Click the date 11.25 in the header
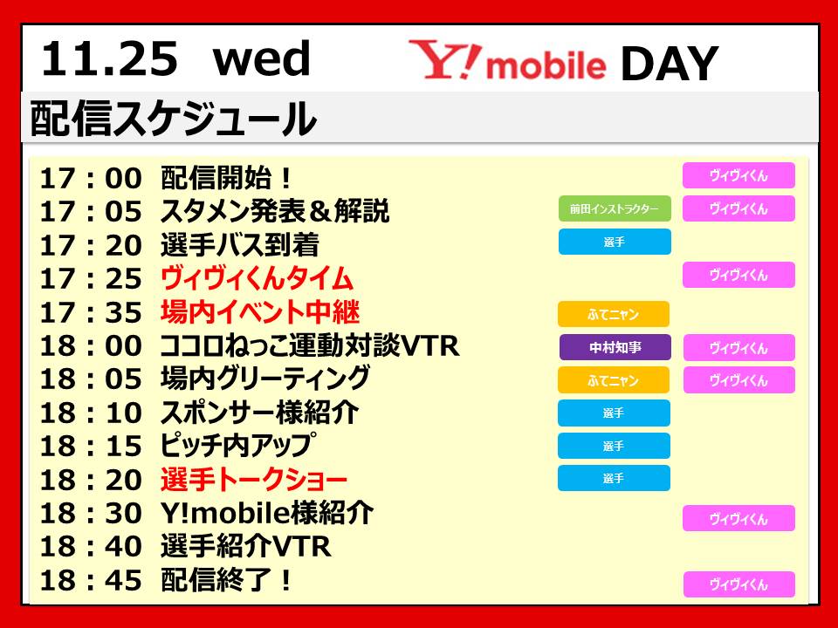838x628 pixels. pos(110,58)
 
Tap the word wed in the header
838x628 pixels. pos(261,58)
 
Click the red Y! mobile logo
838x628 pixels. pos(507,60)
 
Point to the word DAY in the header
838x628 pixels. pos(670,63)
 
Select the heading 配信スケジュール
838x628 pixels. pos(174,118)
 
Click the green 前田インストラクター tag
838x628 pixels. pos(614,208)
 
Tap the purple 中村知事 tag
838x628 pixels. pos(615,348)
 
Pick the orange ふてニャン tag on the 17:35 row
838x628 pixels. pos(614,314)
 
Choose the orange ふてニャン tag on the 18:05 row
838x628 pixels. pos(614,380)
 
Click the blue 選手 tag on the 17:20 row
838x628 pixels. pos(615,242)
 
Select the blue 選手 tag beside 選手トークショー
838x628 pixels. pos(614,478)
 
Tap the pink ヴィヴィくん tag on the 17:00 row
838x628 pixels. pos(738,175)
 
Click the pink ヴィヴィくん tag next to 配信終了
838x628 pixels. pos(739,584)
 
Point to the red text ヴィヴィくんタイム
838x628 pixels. pos(257,278)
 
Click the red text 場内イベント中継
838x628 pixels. pos(260,312)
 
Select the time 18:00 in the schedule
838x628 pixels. pos(91,346)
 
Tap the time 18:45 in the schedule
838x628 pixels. pos(91,581)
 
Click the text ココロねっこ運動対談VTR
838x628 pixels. pos(310,345)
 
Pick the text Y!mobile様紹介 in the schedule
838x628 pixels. pos(267,513)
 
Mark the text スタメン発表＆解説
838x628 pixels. pos(275,211)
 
